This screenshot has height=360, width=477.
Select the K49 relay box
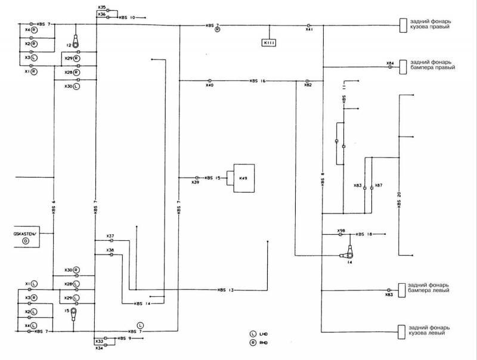click(244, 178)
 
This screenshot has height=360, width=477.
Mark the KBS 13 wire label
click(226, 290)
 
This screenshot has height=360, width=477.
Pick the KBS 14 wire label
click(143, 303)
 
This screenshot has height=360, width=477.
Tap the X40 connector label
click(209, 86)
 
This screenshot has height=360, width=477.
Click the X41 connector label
click(309, 29)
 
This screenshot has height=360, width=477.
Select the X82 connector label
click(308, 86)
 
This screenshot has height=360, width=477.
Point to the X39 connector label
click(195, 182)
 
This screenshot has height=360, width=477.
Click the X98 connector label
click(341, 230)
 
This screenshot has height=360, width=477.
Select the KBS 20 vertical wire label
click(399, 198)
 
